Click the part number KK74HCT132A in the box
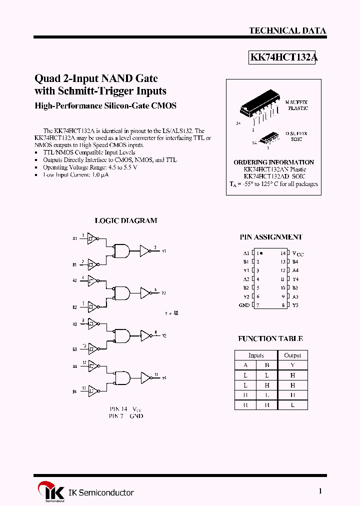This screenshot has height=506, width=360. (x=283, y=57)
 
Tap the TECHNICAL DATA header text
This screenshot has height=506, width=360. (x=287, y=30)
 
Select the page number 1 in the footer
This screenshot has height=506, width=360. (x=320, y=491)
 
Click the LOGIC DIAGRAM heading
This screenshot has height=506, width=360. (x=126, y=220)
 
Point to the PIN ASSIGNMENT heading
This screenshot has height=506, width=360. (x=270, y=237)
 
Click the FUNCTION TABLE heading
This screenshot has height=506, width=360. (x=270, y=338)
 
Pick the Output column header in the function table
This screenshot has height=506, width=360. (x=292, y=355)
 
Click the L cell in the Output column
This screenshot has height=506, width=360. (x=292, y=405)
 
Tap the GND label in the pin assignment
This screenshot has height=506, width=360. (x=244, y=305)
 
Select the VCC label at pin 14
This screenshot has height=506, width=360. (x=297, y=253)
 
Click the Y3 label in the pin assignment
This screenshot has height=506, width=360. (x=295, y=305)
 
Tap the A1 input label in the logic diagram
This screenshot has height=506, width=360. (x=74, y=239)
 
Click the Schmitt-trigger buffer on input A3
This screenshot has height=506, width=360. (x=92, y=324)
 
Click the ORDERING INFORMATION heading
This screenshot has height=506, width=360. (x=273, y=162)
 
